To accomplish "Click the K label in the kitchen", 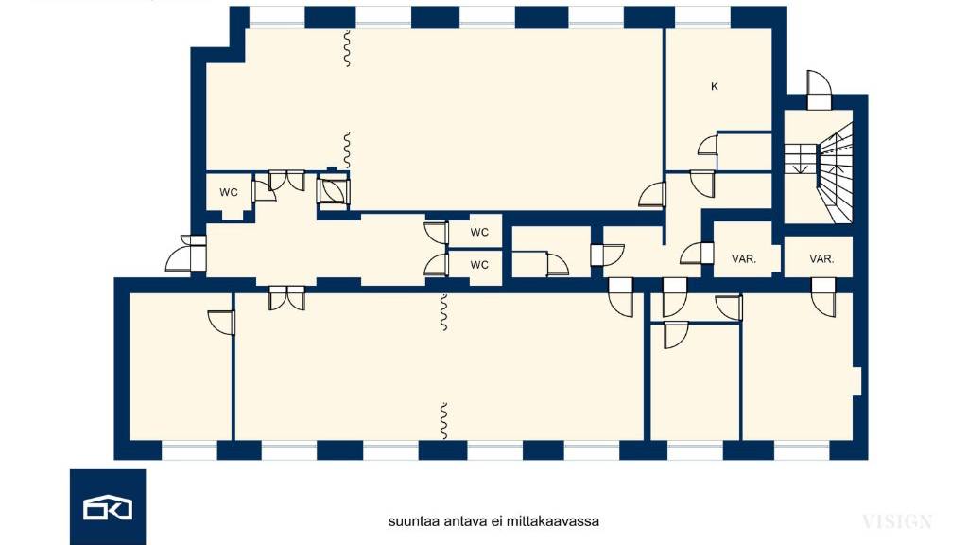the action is coord(715,86).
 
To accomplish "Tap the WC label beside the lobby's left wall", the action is coord(229,192).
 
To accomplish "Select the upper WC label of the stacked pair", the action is coord(479,233).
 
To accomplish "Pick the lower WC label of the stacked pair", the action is coord(479,265).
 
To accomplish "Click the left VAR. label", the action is coord(744,259).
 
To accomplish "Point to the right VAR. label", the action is coord(821,259).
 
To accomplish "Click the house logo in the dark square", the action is coord(108,507).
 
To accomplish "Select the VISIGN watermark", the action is coord(897,521).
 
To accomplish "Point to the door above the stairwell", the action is coord(819,90).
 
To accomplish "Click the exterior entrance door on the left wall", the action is coord(186,254).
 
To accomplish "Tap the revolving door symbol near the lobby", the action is coord(333,189).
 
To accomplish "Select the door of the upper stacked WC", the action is coord(437,233).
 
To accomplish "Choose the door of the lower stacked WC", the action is coord(437,265).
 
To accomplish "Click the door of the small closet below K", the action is coord(708,145).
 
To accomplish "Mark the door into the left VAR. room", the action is coord(697,254).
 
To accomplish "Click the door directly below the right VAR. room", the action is coord(823,297).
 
